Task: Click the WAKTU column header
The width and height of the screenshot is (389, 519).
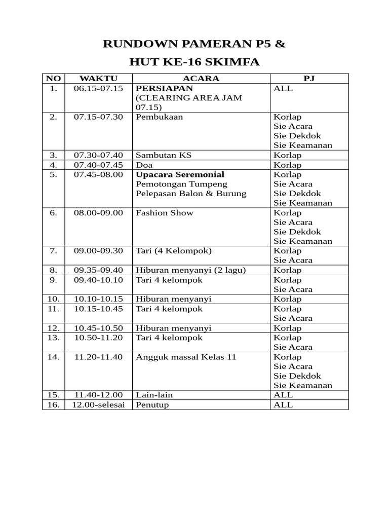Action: (98, 79)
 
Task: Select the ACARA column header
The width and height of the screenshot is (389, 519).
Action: (201, 79)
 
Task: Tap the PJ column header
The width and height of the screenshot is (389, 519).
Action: (309, 79)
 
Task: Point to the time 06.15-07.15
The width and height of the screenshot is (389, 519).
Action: (98, 88)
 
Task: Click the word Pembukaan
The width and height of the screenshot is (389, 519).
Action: (159, 117)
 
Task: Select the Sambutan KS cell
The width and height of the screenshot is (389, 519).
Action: (164, 155)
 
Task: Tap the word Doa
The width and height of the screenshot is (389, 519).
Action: (144, 165)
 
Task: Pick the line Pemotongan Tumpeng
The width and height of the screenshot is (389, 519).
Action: (181, 184)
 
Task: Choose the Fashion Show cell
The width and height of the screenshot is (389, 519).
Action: (165, 213)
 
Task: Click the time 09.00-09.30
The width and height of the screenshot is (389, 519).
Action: (98, 251)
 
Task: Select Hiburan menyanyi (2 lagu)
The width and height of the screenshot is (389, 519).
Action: (190, 270)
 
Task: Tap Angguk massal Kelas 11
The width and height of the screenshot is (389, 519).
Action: (186, 357)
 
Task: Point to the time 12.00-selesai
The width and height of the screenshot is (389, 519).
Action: (98, 405)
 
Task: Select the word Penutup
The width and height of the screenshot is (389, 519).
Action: (152, 405)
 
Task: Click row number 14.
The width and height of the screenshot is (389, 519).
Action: (54, 357)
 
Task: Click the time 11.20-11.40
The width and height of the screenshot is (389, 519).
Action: (98, 357)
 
